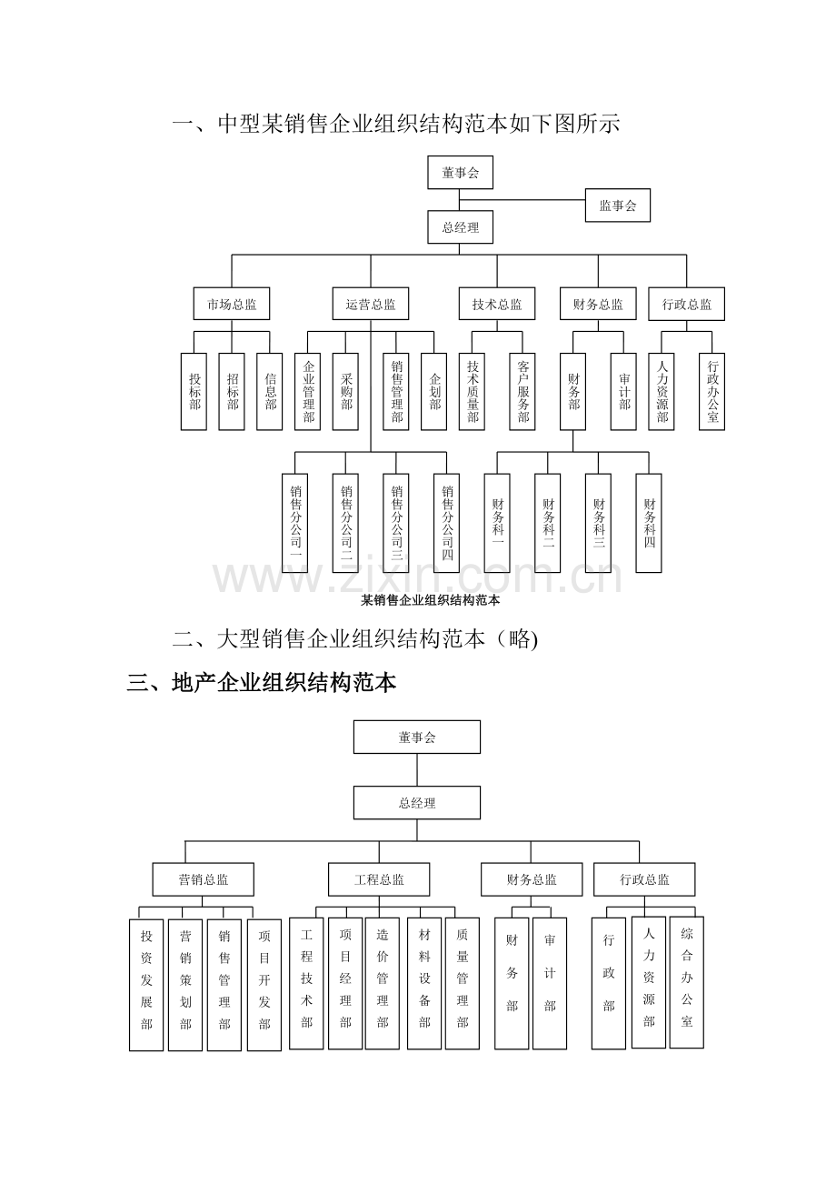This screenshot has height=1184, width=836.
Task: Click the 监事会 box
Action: (x=617, y=206)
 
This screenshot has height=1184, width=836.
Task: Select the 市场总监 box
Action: (x=232, y=304)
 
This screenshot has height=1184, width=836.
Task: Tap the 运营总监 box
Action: (x=370, y=304)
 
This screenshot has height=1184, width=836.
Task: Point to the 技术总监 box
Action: (x=496, y=304)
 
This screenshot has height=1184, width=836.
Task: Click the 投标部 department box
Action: (x=194, y=392)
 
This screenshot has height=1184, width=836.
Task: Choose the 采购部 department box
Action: (x=345, y=392)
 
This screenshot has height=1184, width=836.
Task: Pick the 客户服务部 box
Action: (x=522, y=392)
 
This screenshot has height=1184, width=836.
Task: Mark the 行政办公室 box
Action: (x=712, y=392)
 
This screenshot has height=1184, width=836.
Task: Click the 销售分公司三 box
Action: (x=396, y=523)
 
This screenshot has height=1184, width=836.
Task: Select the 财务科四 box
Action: (x=649, y=523)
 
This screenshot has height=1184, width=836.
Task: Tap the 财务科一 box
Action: (x=497, y=523)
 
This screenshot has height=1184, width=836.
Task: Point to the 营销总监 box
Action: (x=204, y=879)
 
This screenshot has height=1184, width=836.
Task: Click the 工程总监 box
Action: (x=379, y=879)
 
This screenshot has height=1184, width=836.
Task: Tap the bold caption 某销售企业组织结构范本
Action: (x=430, y=600)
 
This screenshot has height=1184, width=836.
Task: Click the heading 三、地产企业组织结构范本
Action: (x=262, y=683)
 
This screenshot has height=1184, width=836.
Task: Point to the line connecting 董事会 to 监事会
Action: (x=522, y=200)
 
